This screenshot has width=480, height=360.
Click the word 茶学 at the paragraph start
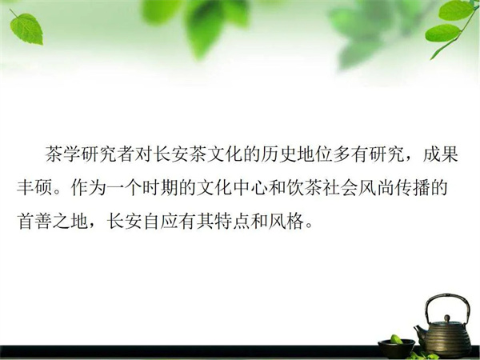(63, 154)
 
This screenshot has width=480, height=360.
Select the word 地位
(314, 154)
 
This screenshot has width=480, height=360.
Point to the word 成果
(440, 154)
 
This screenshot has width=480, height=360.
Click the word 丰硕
(34, 187)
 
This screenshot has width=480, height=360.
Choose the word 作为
(88, 187)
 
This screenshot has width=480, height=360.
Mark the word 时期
(160, 187)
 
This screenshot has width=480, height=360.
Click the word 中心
(250, 187)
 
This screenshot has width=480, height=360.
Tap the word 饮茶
(304, 187)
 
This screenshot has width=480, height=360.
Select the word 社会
(339, 187)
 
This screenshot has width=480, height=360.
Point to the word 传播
(411, 187)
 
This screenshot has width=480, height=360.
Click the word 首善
(34, 221)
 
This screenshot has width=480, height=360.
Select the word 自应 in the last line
(160, 221)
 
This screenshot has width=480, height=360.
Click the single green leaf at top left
(27, 29)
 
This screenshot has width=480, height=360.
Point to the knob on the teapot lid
(447, 318)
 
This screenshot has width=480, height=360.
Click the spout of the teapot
(419, 332)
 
